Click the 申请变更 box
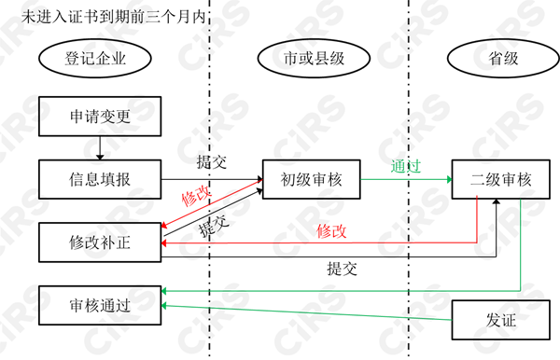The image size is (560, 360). coord(100,118)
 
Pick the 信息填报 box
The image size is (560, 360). coord(100,179)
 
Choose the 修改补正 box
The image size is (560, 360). coord(100,242)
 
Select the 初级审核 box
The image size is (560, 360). coord(312,179)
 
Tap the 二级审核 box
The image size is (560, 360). coord(500,179)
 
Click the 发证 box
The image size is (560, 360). coord(500,320)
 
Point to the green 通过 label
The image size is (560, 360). coord(406,167)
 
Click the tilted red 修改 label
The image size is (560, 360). coord(196,195)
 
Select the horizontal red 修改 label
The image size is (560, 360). coord(331,231)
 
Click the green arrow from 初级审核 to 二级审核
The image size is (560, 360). coord(406,179)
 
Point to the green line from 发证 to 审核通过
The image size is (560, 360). coord(308,312)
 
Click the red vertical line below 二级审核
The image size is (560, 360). coord(477,219)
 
